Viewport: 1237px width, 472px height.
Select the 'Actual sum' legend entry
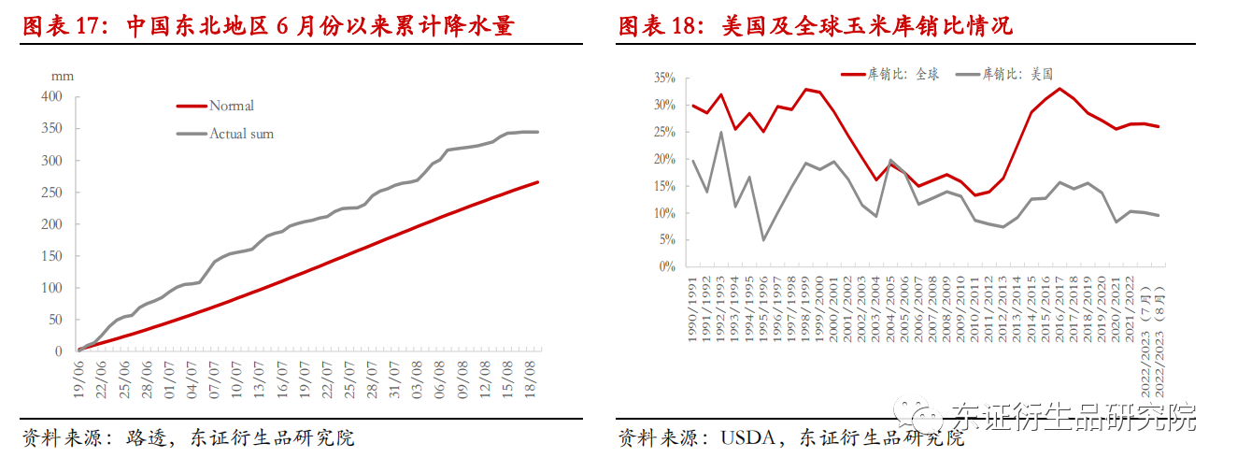pyautogui.click(x=241, y=134)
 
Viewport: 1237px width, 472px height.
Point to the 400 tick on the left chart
pyautogui.click(x=51, y=96)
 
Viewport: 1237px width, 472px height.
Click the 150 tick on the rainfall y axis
pyautogui.click(x=51, y=255)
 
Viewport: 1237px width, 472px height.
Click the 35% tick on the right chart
pyautogui.click(x=664, y=78)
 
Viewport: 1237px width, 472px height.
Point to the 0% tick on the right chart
pyautogui.click(x=667, y=266)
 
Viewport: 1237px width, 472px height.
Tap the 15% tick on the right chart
pyautogui.click(x=664, y=185)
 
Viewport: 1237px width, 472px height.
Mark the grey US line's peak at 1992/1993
pyautogui.click(x=720, y=132)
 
